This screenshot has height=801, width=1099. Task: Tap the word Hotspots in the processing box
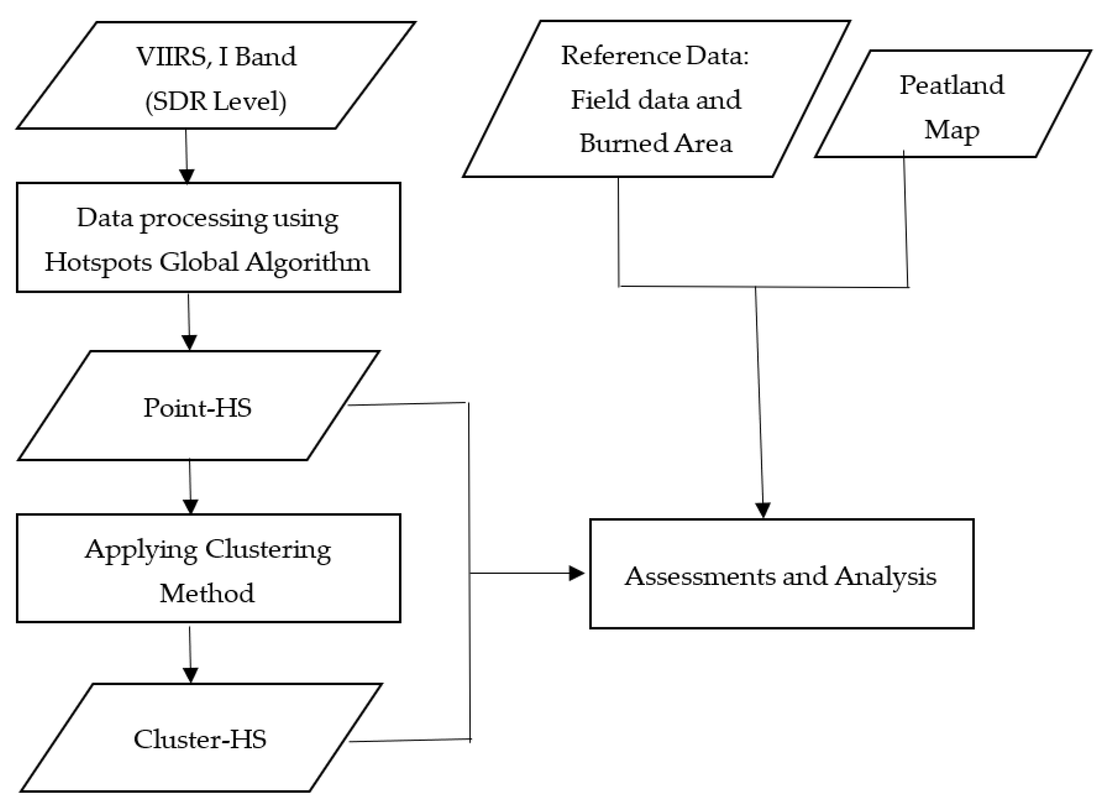click(98, 263)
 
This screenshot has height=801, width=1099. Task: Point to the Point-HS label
click(197, 408)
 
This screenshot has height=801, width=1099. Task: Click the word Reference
click(614, 56)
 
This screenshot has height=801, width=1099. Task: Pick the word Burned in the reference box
click(620, 143)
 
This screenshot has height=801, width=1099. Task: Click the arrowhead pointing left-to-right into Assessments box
click(576, 574)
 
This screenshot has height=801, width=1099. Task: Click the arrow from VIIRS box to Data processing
click(187, 156)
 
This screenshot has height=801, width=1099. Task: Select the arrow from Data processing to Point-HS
click(189, 321)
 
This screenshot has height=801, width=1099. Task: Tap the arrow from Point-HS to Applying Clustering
click(190, 486)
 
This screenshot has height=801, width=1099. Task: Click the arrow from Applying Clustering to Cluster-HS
click(190, 654)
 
